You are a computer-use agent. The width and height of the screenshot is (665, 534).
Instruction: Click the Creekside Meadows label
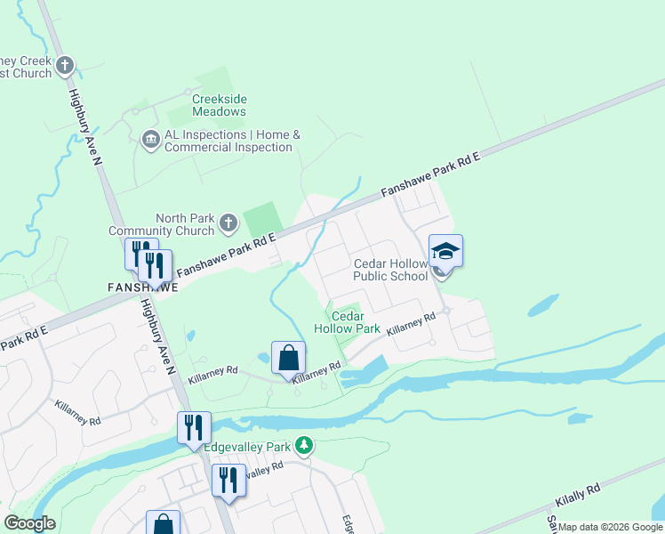(219, 105)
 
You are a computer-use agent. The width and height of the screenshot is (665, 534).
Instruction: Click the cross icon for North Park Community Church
(228, 223)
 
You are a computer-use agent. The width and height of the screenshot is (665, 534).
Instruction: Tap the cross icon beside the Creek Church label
(65, 65)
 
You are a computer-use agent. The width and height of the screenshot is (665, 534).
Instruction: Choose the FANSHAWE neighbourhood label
(142, 287)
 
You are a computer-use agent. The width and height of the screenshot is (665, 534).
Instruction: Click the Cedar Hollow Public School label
(390, 270)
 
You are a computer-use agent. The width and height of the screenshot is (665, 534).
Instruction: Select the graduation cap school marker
(445, 253)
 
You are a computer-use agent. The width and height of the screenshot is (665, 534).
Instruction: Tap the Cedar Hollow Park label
(356, 322)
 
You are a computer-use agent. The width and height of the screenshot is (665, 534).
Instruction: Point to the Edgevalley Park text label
(248, 447)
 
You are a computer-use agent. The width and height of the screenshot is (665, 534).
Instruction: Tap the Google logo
(29, 523)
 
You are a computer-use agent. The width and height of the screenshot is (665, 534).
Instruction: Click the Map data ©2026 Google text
(610, 527)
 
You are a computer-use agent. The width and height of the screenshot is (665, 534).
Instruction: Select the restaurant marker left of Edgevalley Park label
(193, 428)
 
